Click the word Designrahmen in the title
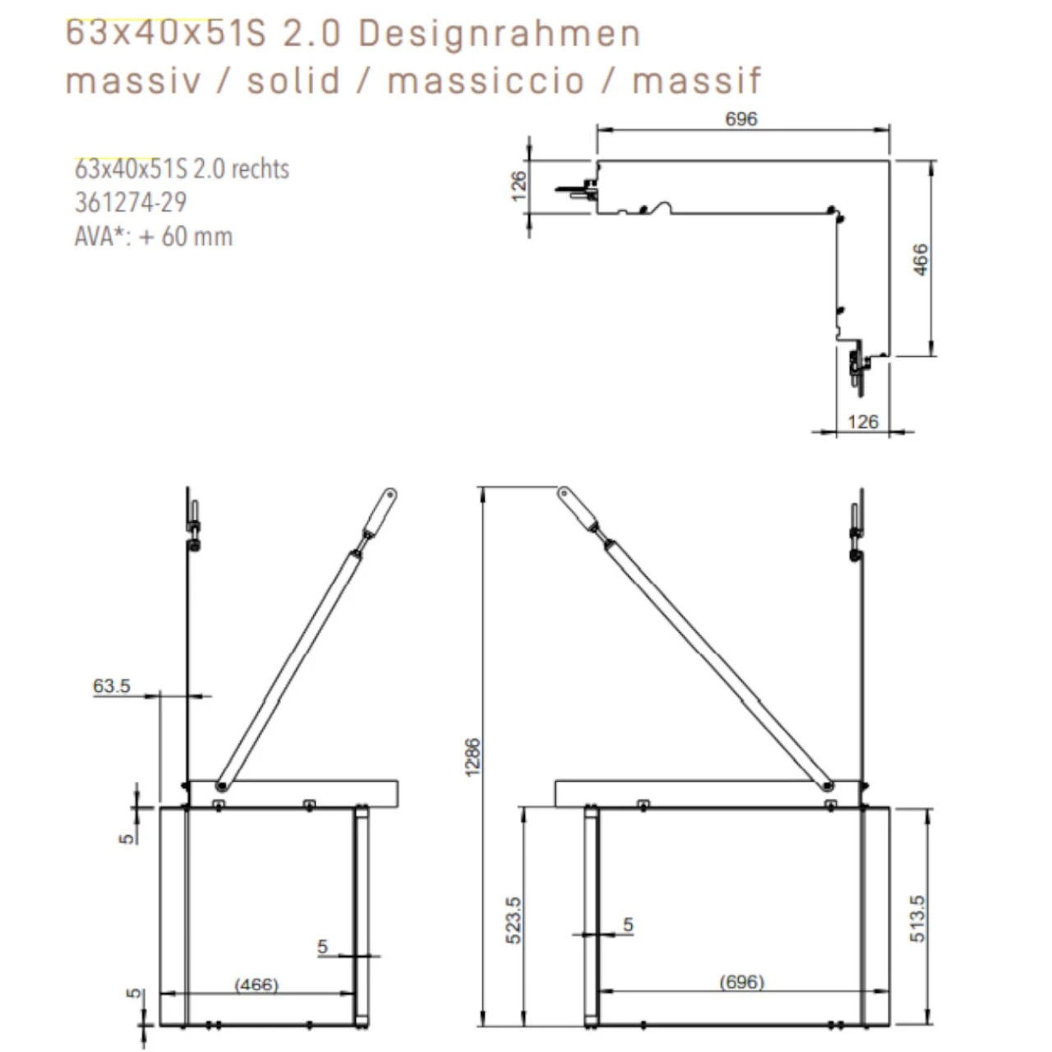point(499,35)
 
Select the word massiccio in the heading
point(486,81)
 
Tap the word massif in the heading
point(697,81)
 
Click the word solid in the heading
point(293,81)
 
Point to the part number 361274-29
point(131,202)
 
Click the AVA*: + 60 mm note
point(153,237)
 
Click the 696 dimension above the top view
point(741,119)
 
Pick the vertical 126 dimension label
point(519,187)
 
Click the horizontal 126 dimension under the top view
point(862,422)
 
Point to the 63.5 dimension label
point(112,685)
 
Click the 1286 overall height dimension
point(474,756)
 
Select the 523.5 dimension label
point(514,920)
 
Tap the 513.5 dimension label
point(917,918)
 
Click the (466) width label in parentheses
point(256,984)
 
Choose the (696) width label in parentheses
point(741,981)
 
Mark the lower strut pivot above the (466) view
point(222,787)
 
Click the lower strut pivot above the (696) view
point(828,787)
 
